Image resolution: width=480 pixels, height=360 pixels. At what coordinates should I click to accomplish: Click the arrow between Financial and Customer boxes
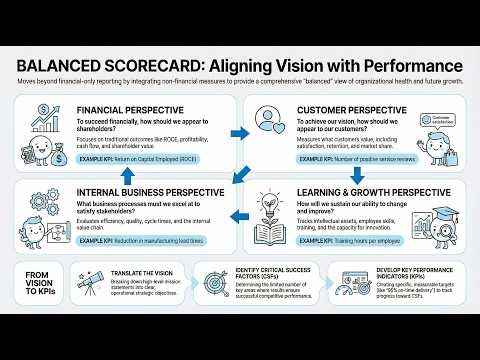click(x=240, y=115)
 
